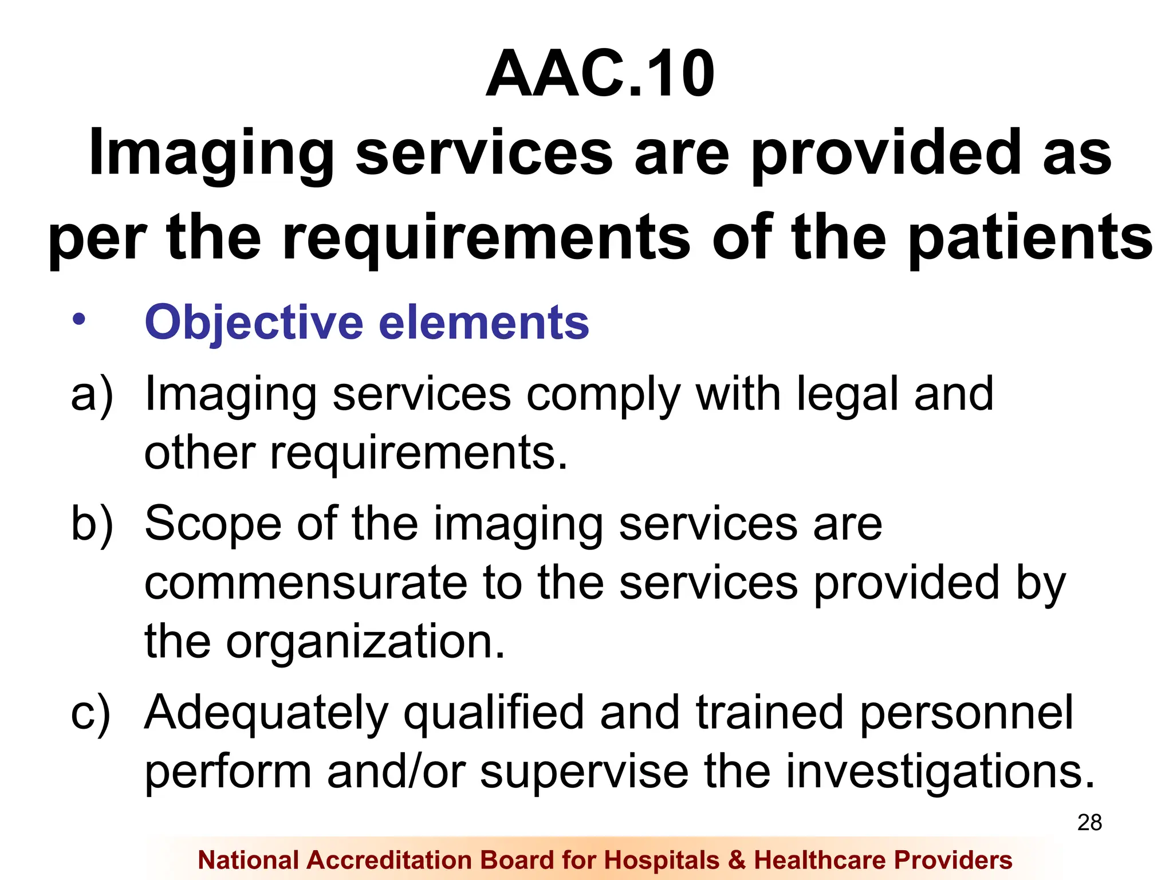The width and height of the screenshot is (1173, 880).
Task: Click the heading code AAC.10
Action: pos(600,74)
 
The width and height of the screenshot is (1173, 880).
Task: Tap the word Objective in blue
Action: pos(254,323)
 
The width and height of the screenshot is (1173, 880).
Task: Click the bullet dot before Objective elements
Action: pos(78,320)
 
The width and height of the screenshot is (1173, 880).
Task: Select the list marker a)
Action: pos(92,395)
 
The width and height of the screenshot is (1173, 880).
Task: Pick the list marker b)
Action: pos(92,524)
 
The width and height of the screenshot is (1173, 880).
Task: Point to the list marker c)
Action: pos(90,713)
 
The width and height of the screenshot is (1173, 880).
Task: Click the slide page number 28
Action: pos(1089,823)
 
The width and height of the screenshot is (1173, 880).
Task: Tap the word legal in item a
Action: pos(847,395)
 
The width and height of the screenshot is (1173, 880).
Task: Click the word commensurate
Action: pos(306,583)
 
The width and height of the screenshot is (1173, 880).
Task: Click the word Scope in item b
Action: pos(213,524)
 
